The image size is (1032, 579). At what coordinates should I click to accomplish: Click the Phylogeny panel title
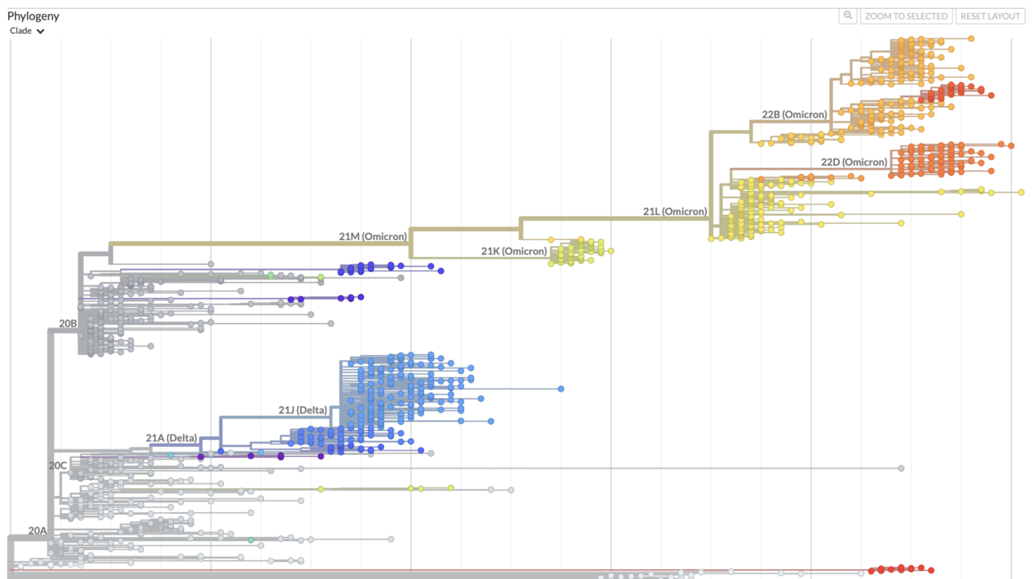[33, 16]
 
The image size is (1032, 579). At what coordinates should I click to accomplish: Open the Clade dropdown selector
[27, 31]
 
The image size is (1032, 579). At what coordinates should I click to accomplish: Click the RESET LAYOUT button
[990, 16]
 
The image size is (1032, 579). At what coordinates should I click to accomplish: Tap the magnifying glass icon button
[848, 16]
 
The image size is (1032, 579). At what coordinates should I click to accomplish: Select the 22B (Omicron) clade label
[795, 115]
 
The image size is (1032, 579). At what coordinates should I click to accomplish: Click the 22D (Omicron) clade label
[853, 162]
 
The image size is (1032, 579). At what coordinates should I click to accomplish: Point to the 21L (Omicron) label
[675, 212]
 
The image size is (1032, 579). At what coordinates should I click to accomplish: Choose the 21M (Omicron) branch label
[372, 237]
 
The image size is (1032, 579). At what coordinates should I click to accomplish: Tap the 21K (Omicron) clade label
[513, 252]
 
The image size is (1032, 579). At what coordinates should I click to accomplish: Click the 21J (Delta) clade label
[303, 410]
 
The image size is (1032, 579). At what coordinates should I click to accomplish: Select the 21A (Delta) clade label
[171, 438]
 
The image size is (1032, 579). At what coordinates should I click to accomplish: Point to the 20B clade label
[68, 324]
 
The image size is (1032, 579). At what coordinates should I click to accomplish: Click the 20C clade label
[58, 466]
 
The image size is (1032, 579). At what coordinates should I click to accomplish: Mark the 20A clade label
[37, 531]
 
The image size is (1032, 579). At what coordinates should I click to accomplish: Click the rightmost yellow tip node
[1021, 192]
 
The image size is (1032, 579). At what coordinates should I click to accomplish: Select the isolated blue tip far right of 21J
[561, 389]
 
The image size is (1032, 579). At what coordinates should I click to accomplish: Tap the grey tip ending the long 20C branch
[901, 468]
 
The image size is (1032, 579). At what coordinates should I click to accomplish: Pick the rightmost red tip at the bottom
[931, 570]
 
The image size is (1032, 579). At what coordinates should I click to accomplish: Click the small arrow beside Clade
[40, 31]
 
